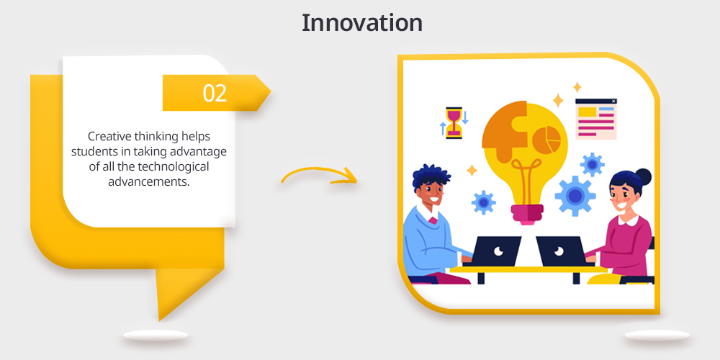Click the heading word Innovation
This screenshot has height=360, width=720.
point(362,23)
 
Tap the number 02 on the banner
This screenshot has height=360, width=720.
point(215,93)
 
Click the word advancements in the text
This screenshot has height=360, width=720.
point(149,182)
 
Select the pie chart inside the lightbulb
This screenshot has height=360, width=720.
point(549,139)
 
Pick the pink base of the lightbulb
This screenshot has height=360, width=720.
point(528,215)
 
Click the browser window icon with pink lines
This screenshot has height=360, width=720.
point(596,119)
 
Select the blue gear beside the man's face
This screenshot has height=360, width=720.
point(483,202)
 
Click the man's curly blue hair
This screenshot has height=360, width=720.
point(431,177)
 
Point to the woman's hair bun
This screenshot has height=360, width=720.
point(643,176)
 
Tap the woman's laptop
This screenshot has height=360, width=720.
point(560,251)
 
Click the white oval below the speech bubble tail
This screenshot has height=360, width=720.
point(156,336)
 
